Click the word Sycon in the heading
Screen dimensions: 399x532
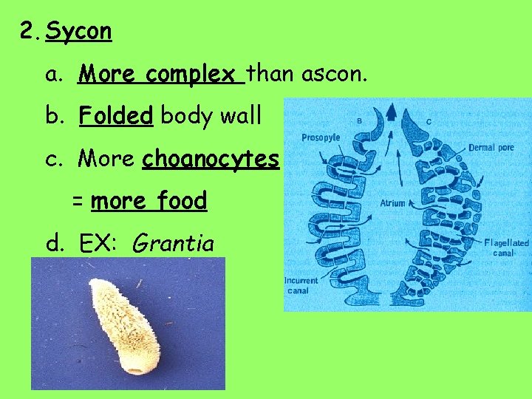click(x=78, y=31)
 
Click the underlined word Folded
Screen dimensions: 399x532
click(x=115, y=116)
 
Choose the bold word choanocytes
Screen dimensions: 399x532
click(x=211, y=159)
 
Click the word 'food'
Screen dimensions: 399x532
click(x=179, y=201)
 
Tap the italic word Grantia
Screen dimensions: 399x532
click(x=172, y=243)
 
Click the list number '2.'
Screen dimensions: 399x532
click(x=30, y=31)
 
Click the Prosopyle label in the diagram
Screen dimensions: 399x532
click(x=321, y=137)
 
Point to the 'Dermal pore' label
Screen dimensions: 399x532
click(x=491, y=148)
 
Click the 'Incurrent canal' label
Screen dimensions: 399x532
click(x=301, y=285)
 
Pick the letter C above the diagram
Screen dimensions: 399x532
click(x=429, y=121)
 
